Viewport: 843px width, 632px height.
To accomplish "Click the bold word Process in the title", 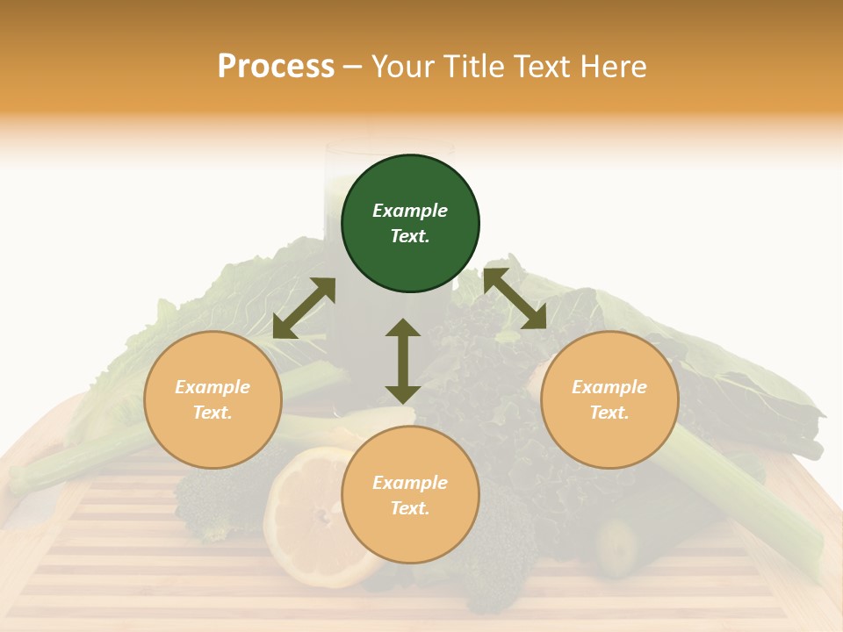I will tap(276, 67).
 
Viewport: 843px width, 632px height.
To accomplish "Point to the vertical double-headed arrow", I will tap(403, 361).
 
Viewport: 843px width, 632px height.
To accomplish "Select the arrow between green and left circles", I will tap(304, 308).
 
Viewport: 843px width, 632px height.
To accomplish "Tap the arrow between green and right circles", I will tap(515, 298).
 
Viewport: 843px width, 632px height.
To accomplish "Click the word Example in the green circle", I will tap(410, 211).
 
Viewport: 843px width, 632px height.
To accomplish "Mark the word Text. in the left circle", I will tap(213, 413).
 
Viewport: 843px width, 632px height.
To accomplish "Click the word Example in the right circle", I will tap(609, 387).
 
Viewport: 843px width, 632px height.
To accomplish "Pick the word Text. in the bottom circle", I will tap(410, 508).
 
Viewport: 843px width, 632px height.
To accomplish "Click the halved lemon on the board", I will tap(307, 518).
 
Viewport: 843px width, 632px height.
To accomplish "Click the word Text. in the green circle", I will tap(410, 236).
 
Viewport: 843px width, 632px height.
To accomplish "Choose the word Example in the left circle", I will tap(213, 387).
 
